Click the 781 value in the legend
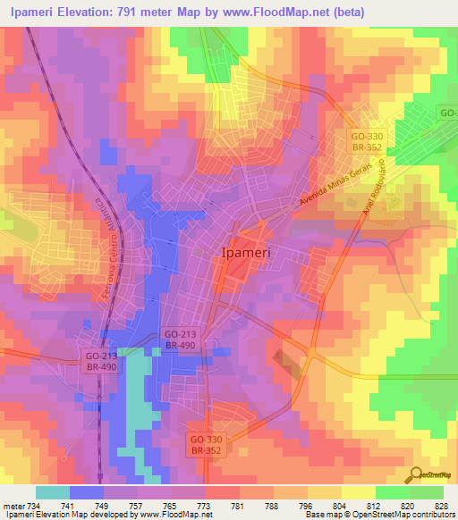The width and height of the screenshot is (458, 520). tap(237, 505)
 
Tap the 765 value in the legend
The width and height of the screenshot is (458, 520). tap(170, 505)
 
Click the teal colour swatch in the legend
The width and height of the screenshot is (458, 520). tap(52, 492)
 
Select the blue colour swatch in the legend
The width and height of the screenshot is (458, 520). tap(86, 492)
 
